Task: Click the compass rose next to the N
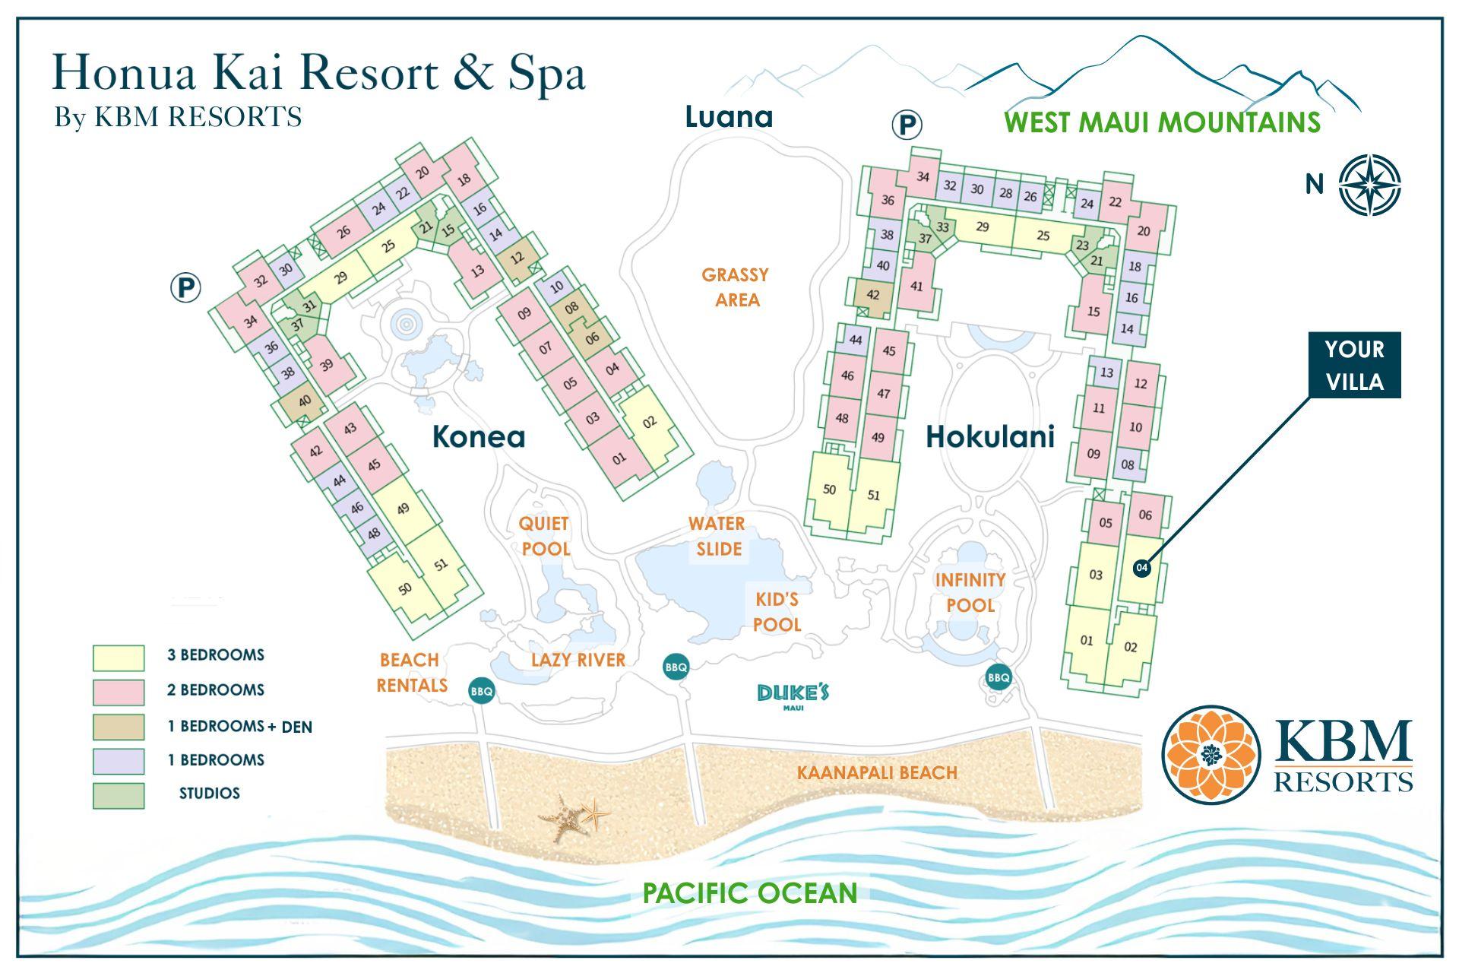[1369, 185]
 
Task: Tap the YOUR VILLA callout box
[1354, 365]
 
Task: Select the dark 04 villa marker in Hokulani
[1141, 568]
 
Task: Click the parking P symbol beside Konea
[185, 288]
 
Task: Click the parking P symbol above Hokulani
[906, 124]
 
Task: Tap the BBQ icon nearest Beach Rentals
[482, 691]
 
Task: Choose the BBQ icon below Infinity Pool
[999, 677]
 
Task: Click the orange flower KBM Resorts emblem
[1211, 754]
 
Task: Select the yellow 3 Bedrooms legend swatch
[119, 658]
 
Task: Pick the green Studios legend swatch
[119, 795]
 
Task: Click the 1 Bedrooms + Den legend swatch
[119, 727]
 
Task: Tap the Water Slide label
[717, 536]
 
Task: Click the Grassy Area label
[736, 287]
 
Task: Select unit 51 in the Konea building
[441, 564]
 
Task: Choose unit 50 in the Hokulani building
[829, 490]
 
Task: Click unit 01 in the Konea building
[619, 458]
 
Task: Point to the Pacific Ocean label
[750, 892]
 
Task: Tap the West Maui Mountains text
[1162, 122]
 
